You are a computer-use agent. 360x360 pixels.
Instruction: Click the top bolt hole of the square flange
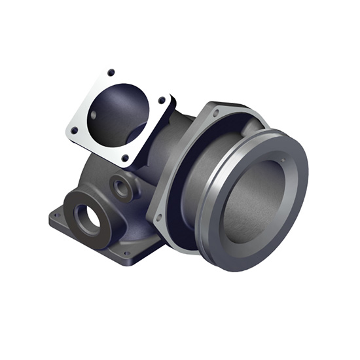tap(111, 72)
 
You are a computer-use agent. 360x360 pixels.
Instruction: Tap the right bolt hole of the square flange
tap(162, 100)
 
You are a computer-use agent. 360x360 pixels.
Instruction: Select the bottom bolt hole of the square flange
tap(124, 158)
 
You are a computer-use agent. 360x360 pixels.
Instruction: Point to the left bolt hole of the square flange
tap(74, 130)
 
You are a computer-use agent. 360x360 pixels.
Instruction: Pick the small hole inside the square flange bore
tap(93, 115)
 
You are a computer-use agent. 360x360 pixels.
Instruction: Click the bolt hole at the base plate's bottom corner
tap(126, 253)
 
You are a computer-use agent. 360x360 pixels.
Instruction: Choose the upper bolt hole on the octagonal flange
tap(215, 114)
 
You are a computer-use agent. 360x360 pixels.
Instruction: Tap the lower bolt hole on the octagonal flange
tap(158, 217)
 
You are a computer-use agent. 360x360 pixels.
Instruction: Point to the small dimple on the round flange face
tap(282, 158)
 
